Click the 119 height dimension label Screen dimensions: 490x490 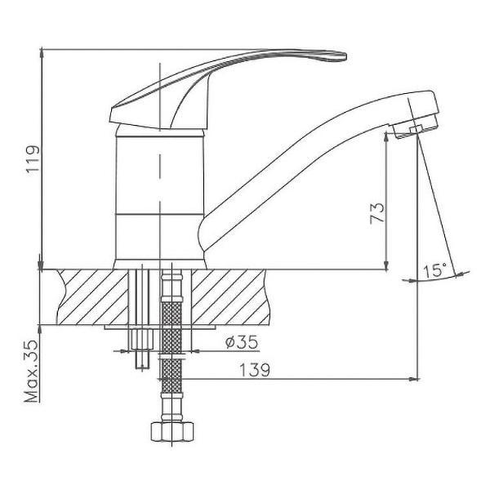click(x=33, y=158)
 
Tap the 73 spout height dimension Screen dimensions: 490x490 click(x=377, y=213)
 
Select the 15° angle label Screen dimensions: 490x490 click(x=434, y=270)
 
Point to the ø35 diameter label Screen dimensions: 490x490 click(x=242, y=342)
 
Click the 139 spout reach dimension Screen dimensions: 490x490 click(x=254, y=370)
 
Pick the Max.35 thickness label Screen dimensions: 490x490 click(x=32, y=372)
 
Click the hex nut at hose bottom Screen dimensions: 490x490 click(x=172, y=432)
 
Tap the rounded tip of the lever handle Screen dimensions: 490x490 click(x=342, y=56)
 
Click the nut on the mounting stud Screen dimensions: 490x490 click(x=142, y=339)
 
